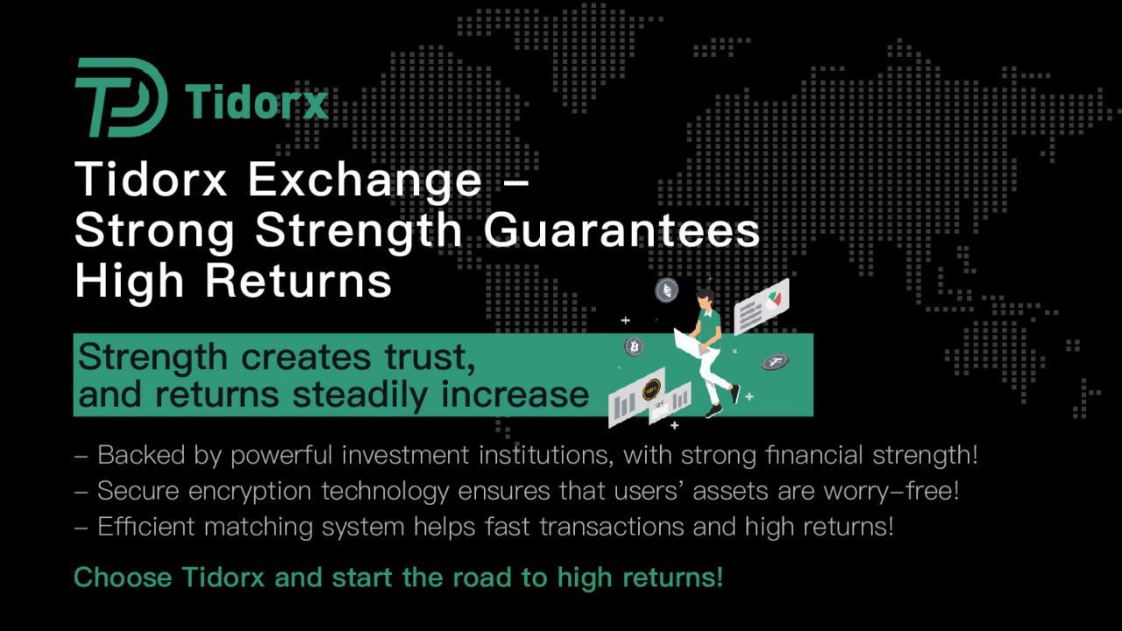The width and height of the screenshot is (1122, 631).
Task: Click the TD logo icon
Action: point(120,97)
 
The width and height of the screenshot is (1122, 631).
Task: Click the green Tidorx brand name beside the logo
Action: point(257,103)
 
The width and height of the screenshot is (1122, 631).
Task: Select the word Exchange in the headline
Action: point(366,181)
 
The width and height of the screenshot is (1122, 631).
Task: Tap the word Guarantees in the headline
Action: point(621,230)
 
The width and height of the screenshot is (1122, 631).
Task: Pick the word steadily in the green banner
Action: point(360,394)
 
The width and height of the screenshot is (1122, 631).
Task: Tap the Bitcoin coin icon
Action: point(634,346)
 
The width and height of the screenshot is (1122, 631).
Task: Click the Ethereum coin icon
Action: point(667,290)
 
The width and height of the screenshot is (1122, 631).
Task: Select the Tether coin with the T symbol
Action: point(776,362)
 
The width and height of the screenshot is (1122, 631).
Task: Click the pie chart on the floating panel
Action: point(773,301)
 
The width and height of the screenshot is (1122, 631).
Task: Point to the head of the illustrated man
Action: point(706,299)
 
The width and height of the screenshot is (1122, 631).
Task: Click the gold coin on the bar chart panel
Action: point(651,388)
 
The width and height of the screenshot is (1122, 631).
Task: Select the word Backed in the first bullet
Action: point(141,455)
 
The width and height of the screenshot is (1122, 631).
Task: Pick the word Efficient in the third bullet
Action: point(146,527)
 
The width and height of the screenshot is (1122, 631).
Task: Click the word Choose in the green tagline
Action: point(123,578)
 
